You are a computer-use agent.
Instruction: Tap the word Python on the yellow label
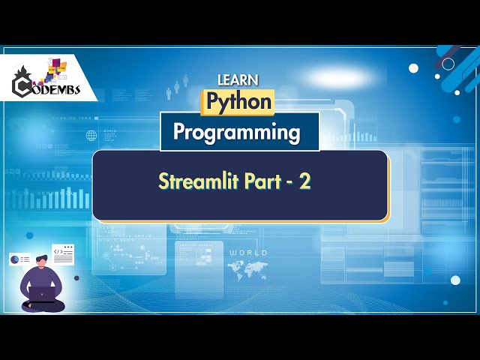tap(239, 100)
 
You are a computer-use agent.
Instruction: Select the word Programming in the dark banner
tap(237, 132)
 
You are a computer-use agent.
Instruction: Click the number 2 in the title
tap(305, 182)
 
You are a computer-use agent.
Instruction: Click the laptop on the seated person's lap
tap(43, 295)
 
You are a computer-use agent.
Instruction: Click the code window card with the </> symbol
tap(63, 253)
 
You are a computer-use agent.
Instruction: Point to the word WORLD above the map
tap(248, 253)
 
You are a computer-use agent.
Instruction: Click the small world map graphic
tap(248, 268)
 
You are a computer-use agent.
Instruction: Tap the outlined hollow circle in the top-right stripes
tap(448, 64)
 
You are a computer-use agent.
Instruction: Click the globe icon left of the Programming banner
tap(91, 136)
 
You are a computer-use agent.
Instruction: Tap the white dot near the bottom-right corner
tap(455, 280)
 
